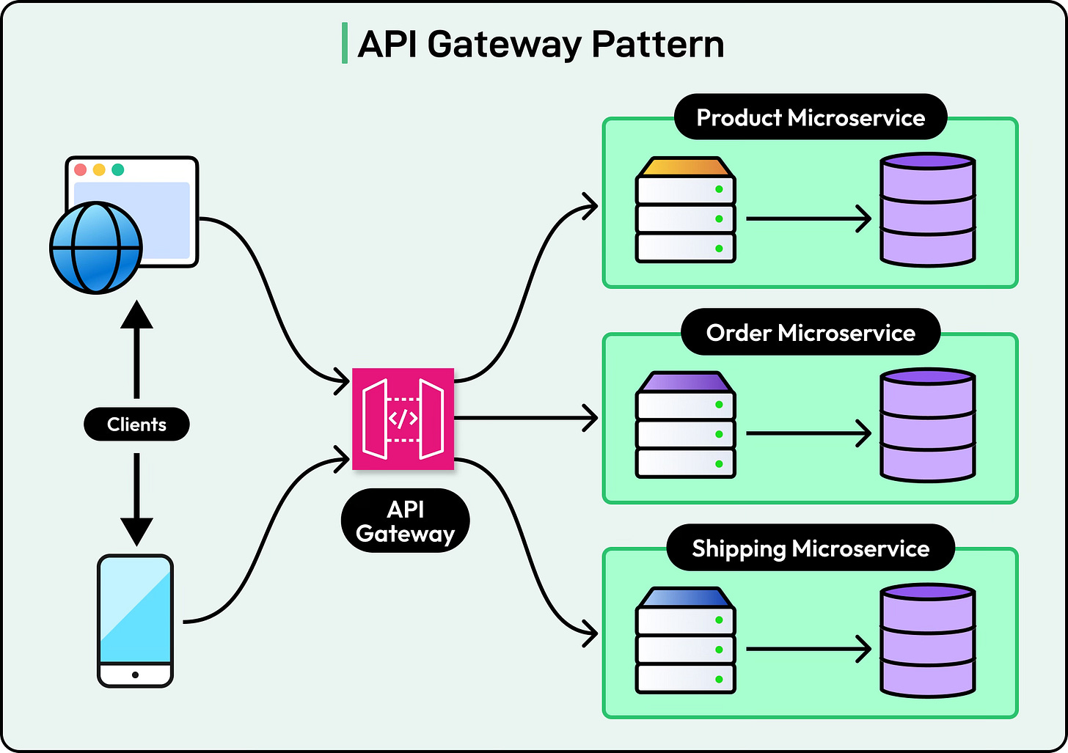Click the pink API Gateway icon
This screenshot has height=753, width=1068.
point(403,419)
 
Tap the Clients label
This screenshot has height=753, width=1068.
point(136,425)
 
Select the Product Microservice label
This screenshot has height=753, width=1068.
point(811,117)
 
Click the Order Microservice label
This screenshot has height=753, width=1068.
point(811,333)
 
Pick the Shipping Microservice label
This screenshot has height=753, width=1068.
point(811,548)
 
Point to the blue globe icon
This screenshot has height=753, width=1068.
point(95,248)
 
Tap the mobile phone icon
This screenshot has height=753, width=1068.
point(136,620)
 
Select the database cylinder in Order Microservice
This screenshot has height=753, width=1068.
point(928,425)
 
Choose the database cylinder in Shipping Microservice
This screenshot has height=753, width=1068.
point(928,640)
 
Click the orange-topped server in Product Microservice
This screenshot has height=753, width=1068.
point(685,210)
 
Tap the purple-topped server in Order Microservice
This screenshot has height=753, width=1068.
point(685,425)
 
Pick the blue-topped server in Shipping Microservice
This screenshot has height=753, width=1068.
point(685,641)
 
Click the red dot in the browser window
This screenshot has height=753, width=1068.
point(81,170)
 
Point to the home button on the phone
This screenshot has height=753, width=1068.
point(135,675)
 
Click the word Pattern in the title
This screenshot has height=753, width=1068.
point(658,44)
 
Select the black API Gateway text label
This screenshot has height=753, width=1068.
point(405,521)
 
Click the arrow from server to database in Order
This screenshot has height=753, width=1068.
point(807,433)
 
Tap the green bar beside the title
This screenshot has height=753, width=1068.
point(344,43)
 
